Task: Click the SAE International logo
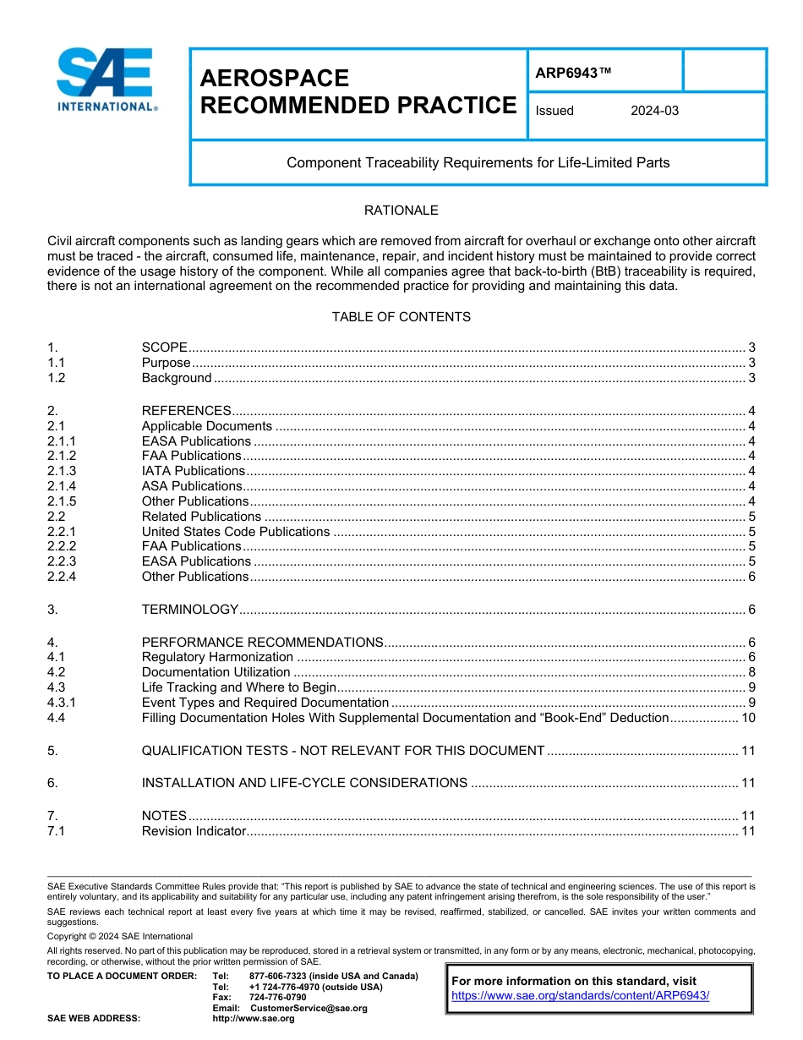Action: coord(107,80)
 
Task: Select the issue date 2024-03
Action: coord(654,111)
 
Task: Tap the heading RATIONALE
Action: coord(401,211)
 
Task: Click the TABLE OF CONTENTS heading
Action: coord(401,317)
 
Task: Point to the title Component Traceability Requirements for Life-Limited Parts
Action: coord(478,162)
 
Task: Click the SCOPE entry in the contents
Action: coord(164,348)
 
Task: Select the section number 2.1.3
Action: coord(62,471)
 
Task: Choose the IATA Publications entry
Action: coord(194,471)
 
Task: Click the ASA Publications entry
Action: coord(192,486)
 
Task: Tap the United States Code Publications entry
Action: coord(235,532)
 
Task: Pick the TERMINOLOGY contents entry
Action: coord(190,610)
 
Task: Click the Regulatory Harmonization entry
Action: coord(217,657)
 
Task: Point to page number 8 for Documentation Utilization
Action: coord(751,672)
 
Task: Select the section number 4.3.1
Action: coord(62,703)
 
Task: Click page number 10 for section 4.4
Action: coord(748,718)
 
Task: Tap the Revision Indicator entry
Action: coord(194,831)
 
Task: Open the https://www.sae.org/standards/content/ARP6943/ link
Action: coord(581,995)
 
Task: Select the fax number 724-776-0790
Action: coord(278,998)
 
